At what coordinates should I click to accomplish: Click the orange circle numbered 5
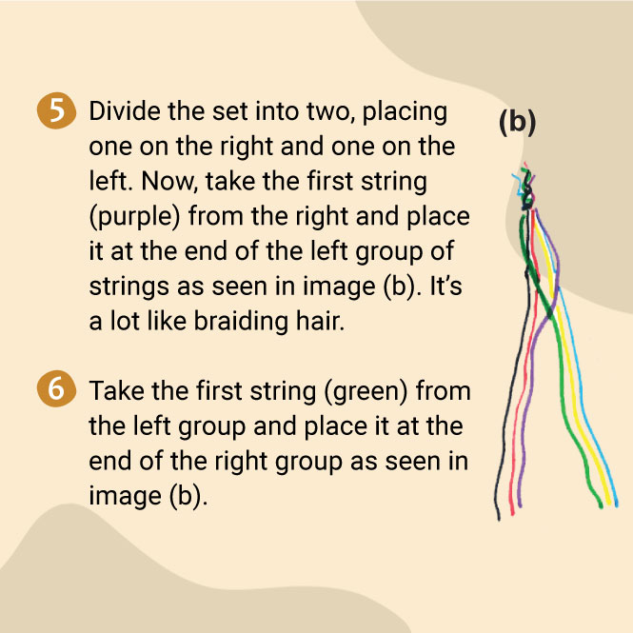click(x=56, y=111)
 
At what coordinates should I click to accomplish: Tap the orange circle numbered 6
click(x=56, y=388)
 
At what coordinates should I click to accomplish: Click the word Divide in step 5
click(x=125, y=111)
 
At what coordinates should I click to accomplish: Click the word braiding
click(x=241, y=322)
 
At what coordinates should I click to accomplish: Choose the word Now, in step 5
click(x=169, y=182)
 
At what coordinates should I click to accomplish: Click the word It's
click(x=445, y=287)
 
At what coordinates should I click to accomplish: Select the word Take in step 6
click(x=116, y=391)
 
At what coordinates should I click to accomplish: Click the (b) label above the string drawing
click(x=518, y=123)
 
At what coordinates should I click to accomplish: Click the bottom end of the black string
click(x=499, y=519)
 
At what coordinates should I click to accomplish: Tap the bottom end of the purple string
click(x=520, y=505)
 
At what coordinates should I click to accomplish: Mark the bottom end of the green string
click(x=601, y=505)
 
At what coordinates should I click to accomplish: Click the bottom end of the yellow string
click(x=609, y=504)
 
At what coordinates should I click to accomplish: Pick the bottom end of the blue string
click(x=617, y=504)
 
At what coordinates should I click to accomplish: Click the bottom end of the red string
click(x=513, y=513)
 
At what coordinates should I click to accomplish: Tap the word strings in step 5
click(x=129, y=287)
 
